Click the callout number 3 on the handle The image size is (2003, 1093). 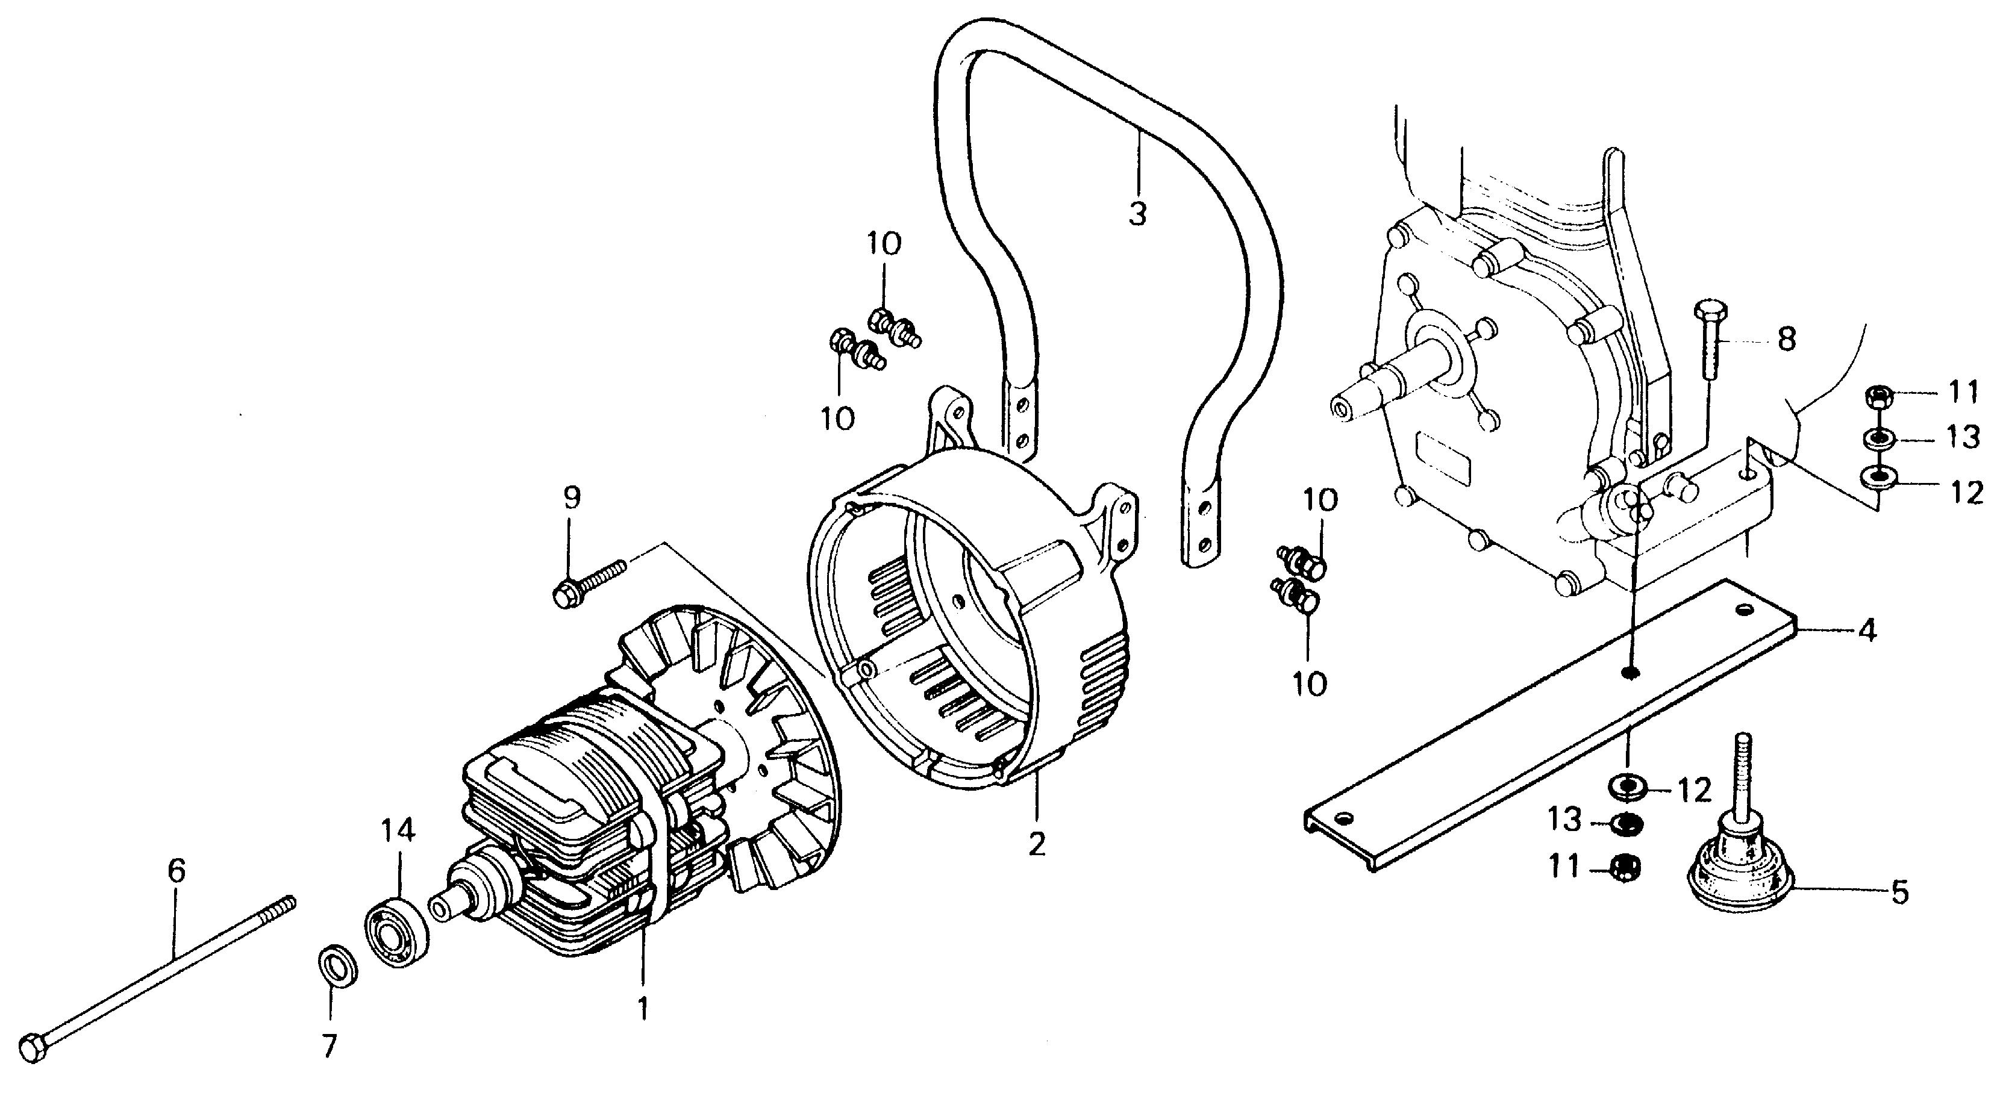click(1137, 211)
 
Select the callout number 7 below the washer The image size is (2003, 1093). click(330, 1047)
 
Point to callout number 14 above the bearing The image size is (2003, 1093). click(398, 831)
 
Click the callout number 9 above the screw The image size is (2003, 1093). click(572, 498)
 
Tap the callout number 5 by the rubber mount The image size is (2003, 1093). click(1899, 893)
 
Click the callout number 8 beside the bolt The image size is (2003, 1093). click(1787, 338)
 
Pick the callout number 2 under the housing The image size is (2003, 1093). click(1037, 844)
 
